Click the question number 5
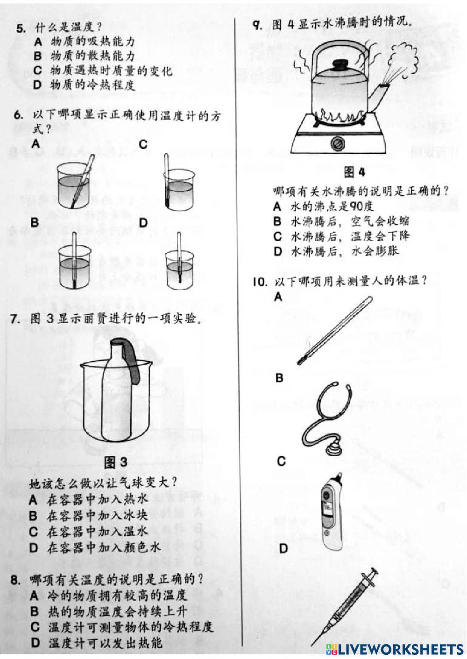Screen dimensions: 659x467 [20, 28]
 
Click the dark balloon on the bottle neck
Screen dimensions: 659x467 [132, 359]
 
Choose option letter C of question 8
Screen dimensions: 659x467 [35, 627]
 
